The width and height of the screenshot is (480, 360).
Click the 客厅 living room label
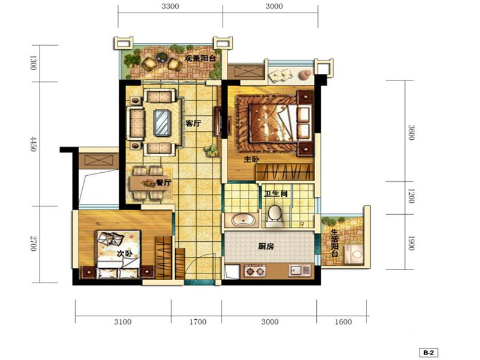193,124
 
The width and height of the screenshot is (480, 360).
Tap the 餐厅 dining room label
163,183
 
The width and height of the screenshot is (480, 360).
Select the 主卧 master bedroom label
251,159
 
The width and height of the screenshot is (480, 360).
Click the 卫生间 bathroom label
276,194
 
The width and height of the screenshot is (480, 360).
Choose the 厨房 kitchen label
266,246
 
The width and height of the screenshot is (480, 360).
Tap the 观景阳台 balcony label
200,58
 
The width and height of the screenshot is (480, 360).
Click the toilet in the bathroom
275,215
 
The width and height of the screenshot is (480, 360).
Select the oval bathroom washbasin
243,220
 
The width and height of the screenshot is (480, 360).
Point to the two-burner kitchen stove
255,271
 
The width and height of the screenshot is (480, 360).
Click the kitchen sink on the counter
300,271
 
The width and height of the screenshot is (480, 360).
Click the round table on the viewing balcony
161,57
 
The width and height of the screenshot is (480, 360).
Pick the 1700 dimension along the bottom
198,322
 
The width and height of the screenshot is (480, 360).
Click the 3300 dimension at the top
170,6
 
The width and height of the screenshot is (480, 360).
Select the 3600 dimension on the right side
411,132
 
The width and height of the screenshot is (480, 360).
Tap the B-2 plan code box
428,352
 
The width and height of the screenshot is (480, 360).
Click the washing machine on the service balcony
354,254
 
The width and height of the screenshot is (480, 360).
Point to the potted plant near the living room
212,151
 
